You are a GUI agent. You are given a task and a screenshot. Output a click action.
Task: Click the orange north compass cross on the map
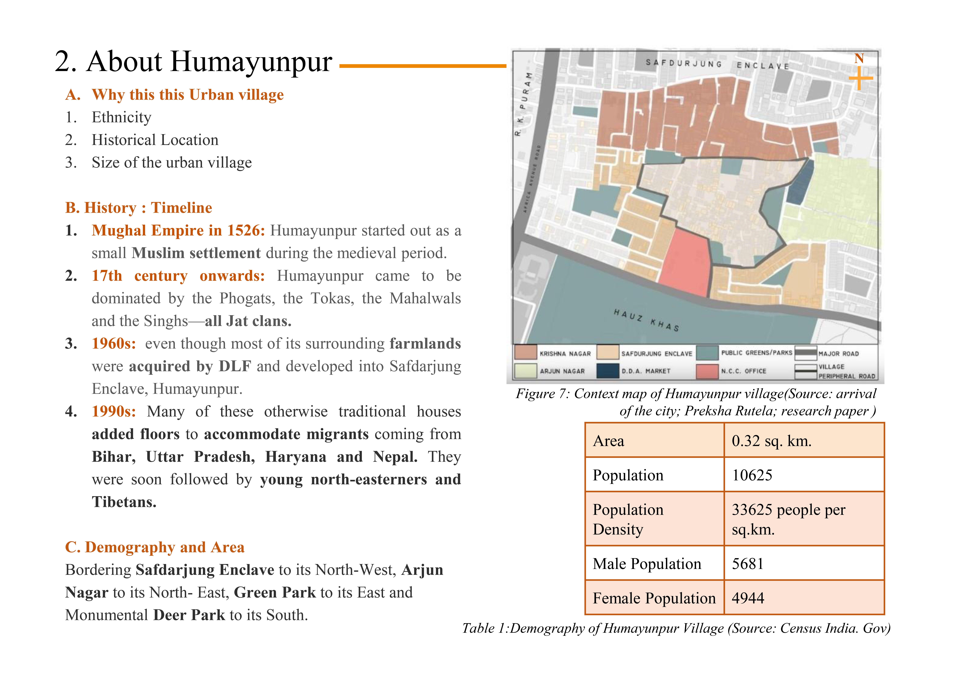pyautogui.click(x=860, y=78)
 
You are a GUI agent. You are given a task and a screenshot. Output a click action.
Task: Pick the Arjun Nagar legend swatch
pyautogui.click(x=525, y=371)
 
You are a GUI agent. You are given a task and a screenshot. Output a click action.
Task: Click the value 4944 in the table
pyautogui.click(x=748, y=598)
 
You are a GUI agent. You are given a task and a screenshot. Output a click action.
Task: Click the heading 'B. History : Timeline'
pyautogui.click(x=139, y=208)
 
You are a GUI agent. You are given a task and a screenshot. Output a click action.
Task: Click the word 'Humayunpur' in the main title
pyautogui.click(x=251, y=61)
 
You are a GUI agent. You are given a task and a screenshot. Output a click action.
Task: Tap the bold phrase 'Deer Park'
pyautogui.click(x=189, y=615)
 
